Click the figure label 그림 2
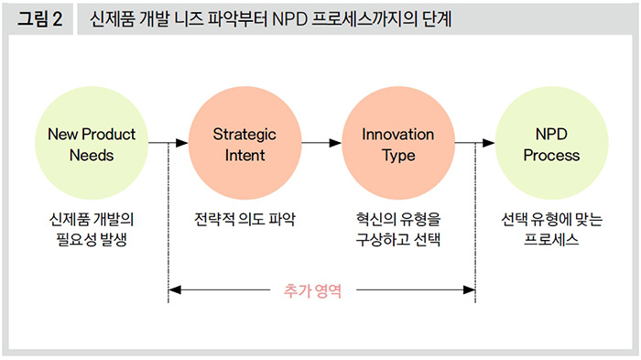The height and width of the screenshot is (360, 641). click(39, 19)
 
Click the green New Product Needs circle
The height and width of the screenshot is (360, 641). click(92, 143)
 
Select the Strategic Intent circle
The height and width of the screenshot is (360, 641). click(244, 143)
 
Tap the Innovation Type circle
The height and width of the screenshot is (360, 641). click(398, 143)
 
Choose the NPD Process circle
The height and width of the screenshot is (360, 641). click(551, 143)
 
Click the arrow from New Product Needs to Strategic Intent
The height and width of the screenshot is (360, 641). click(168, 143)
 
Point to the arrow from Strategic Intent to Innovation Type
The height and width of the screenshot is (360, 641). click(321, 143)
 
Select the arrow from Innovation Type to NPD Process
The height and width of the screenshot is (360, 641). click(474, 143)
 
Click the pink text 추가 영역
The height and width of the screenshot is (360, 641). click(313, 291)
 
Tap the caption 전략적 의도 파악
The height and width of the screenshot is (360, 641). click(244, 219)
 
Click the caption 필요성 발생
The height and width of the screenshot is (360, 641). click(92, 239)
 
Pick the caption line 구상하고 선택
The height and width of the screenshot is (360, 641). click(398, 239)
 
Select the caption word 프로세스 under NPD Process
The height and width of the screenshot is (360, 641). click(551, 239)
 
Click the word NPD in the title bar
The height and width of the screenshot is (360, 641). click(289, 19)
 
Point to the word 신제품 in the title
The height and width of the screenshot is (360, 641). click(112, 19)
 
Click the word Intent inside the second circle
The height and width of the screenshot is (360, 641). click(244, 156)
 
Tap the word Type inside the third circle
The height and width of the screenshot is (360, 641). click(398, 157)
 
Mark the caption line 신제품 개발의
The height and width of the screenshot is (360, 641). click(92, 219)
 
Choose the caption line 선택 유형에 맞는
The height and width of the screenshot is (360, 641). click(551, 219)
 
